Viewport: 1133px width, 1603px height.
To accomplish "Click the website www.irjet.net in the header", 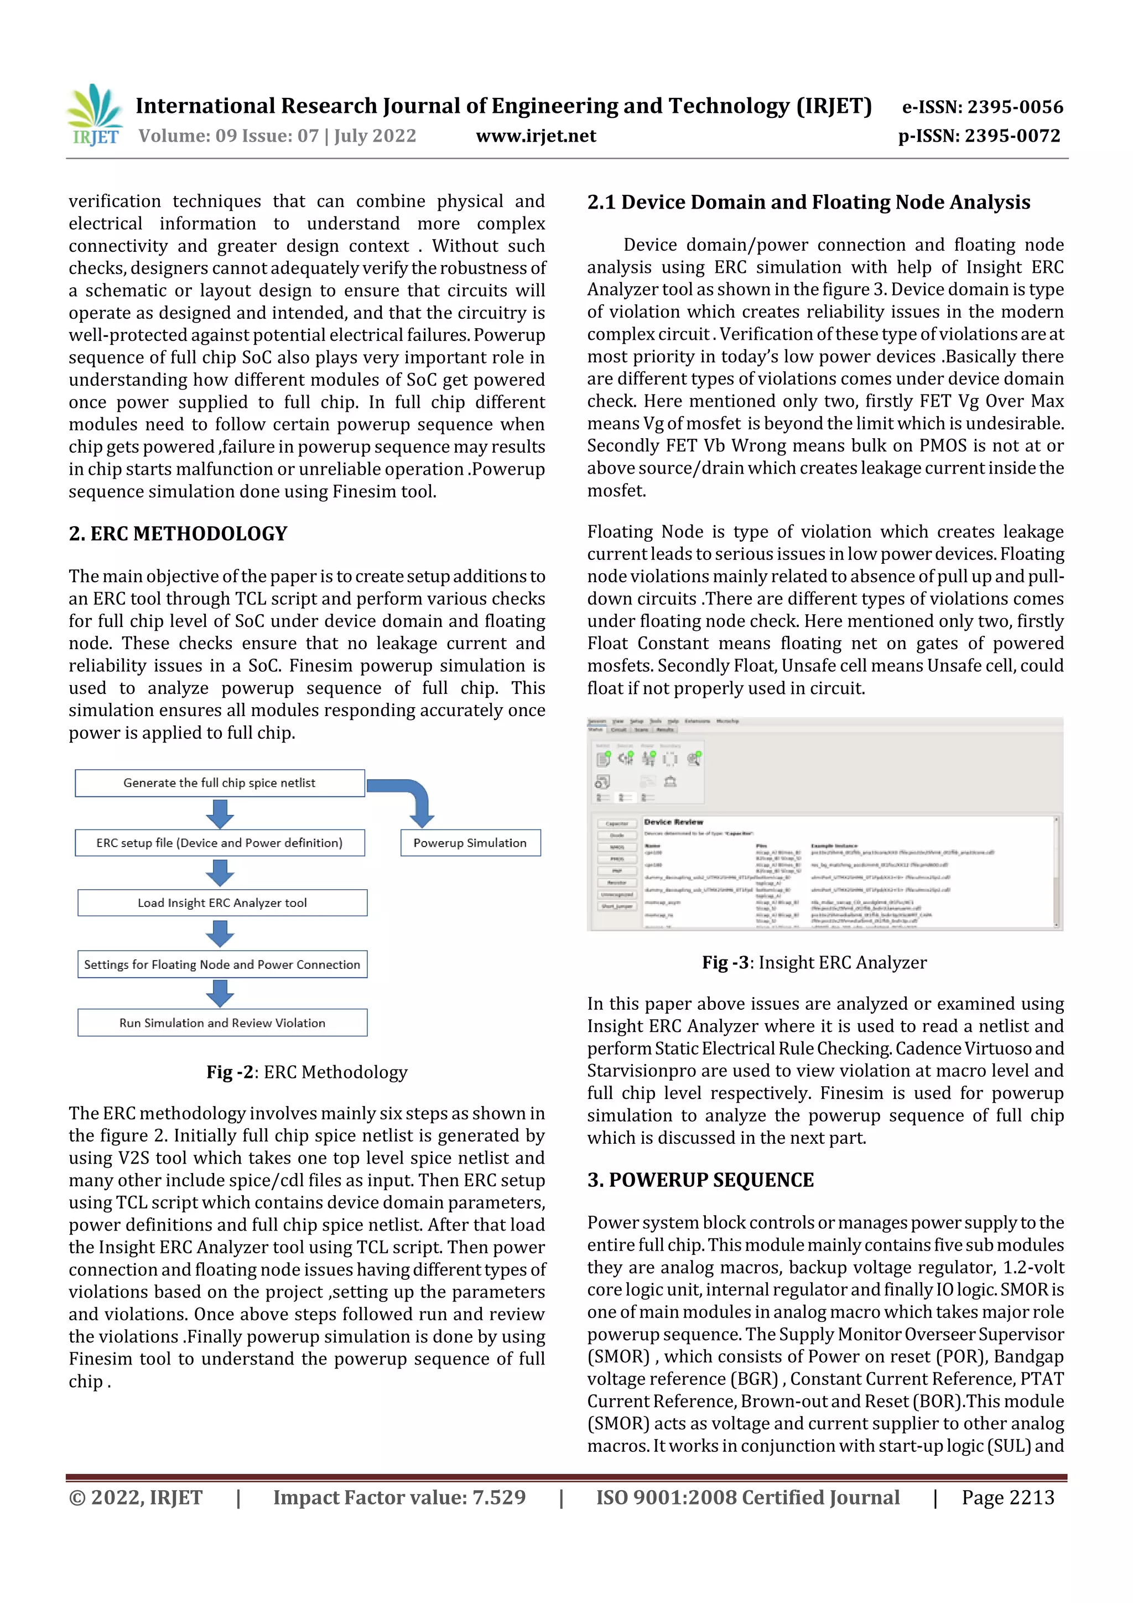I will pos(536,136).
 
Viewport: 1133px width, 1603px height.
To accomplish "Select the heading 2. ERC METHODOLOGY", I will pos(178,533).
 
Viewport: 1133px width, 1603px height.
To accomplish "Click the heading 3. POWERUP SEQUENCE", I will pos(700,1180).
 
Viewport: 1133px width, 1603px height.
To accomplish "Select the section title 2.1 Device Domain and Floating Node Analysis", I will pos(808,203).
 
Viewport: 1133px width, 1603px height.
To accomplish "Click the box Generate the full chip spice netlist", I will pos(219,782).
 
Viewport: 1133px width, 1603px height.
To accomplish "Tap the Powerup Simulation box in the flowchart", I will pos(470,843).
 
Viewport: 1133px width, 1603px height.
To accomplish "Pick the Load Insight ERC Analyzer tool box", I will pos(222,902).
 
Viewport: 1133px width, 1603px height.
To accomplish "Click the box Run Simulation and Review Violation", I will pos(222,1023).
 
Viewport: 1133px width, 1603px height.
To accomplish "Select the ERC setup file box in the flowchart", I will pos(219,843).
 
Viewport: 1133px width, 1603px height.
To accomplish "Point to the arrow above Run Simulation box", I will pos(220,993).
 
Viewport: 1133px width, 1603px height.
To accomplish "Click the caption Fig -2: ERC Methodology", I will pos(306,1072).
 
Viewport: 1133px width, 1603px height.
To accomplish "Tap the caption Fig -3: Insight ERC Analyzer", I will pos(814,962).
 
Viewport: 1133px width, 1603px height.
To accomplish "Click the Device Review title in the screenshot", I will pos(673,822).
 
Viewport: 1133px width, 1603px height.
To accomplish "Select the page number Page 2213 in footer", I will pos(1007,1497).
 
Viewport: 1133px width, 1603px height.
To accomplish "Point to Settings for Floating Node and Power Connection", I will pos(222,964).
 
